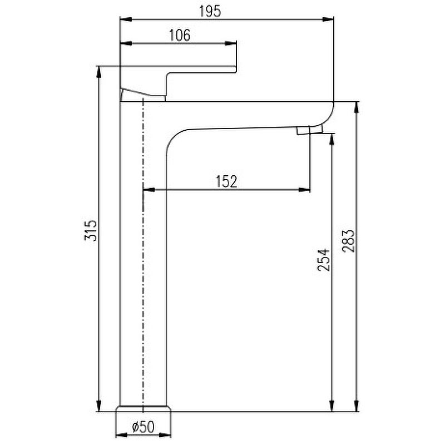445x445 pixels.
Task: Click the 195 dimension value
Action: coord(210,11)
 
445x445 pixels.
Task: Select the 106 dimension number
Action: coord(180,36)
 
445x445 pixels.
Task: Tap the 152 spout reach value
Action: coord(226,182)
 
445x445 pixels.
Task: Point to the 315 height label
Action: coord(91,230)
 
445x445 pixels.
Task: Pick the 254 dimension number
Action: coord(324,260)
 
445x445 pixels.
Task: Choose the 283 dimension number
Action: coord(348,241)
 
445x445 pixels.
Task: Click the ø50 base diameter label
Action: coord(144,427)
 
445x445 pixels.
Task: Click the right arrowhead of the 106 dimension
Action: coord(230,43)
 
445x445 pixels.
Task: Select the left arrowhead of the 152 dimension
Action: coord(149,190)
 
